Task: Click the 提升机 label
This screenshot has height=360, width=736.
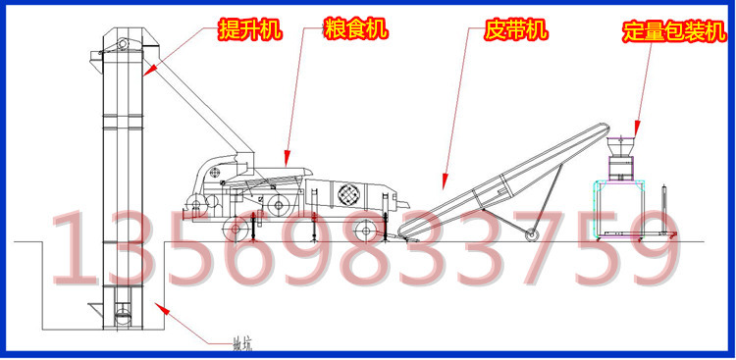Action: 249,30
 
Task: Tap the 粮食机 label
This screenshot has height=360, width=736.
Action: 354,30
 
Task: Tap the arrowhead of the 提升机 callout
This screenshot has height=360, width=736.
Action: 142,74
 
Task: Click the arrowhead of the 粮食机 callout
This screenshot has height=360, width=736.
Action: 285,161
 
